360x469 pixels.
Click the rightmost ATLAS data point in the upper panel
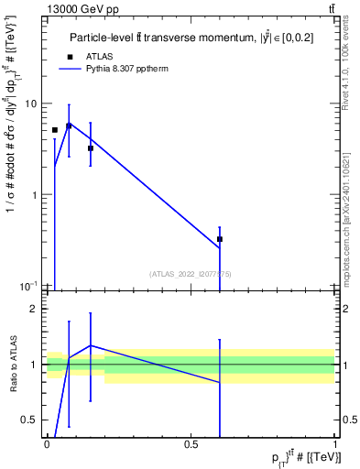click(x=220, y=239)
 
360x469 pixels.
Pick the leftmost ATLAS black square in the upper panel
click(x=55, y=130)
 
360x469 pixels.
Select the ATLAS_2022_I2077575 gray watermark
click(x=191, y=273)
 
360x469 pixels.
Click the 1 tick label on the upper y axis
click(x=33, y=195)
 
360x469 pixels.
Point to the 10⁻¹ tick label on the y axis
click(x=27, y=286)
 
